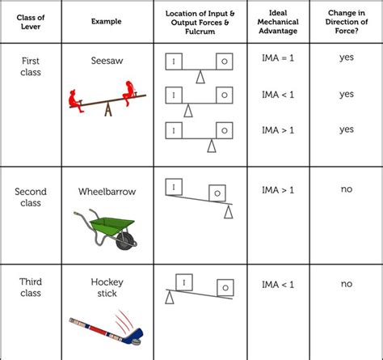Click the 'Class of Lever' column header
(x=31, y=22)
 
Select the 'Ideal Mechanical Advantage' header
(x=278, y=22)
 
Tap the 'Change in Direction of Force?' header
(x=347, y=22)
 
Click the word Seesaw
(x=107, y=61)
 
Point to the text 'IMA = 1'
(x=278, y=58)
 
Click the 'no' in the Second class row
(x=347, y=189)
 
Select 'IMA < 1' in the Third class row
(x=278, y=285)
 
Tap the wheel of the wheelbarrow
(x=125, y=241)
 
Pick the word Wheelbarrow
(x=107, y=192)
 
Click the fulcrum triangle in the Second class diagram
(x=229, y=212)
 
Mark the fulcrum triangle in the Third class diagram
(x=169, y=297)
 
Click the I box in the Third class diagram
(x=184, y=282)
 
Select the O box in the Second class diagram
(x=217, y=193)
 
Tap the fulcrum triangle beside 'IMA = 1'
(x=200, y=77)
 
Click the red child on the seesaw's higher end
(x=129, y=92)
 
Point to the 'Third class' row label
(x=31, y=287)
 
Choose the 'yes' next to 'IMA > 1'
(x=347, y=129)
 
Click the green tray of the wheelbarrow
(x=112, y=226)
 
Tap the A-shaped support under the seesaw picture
(x=108, y=108)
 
